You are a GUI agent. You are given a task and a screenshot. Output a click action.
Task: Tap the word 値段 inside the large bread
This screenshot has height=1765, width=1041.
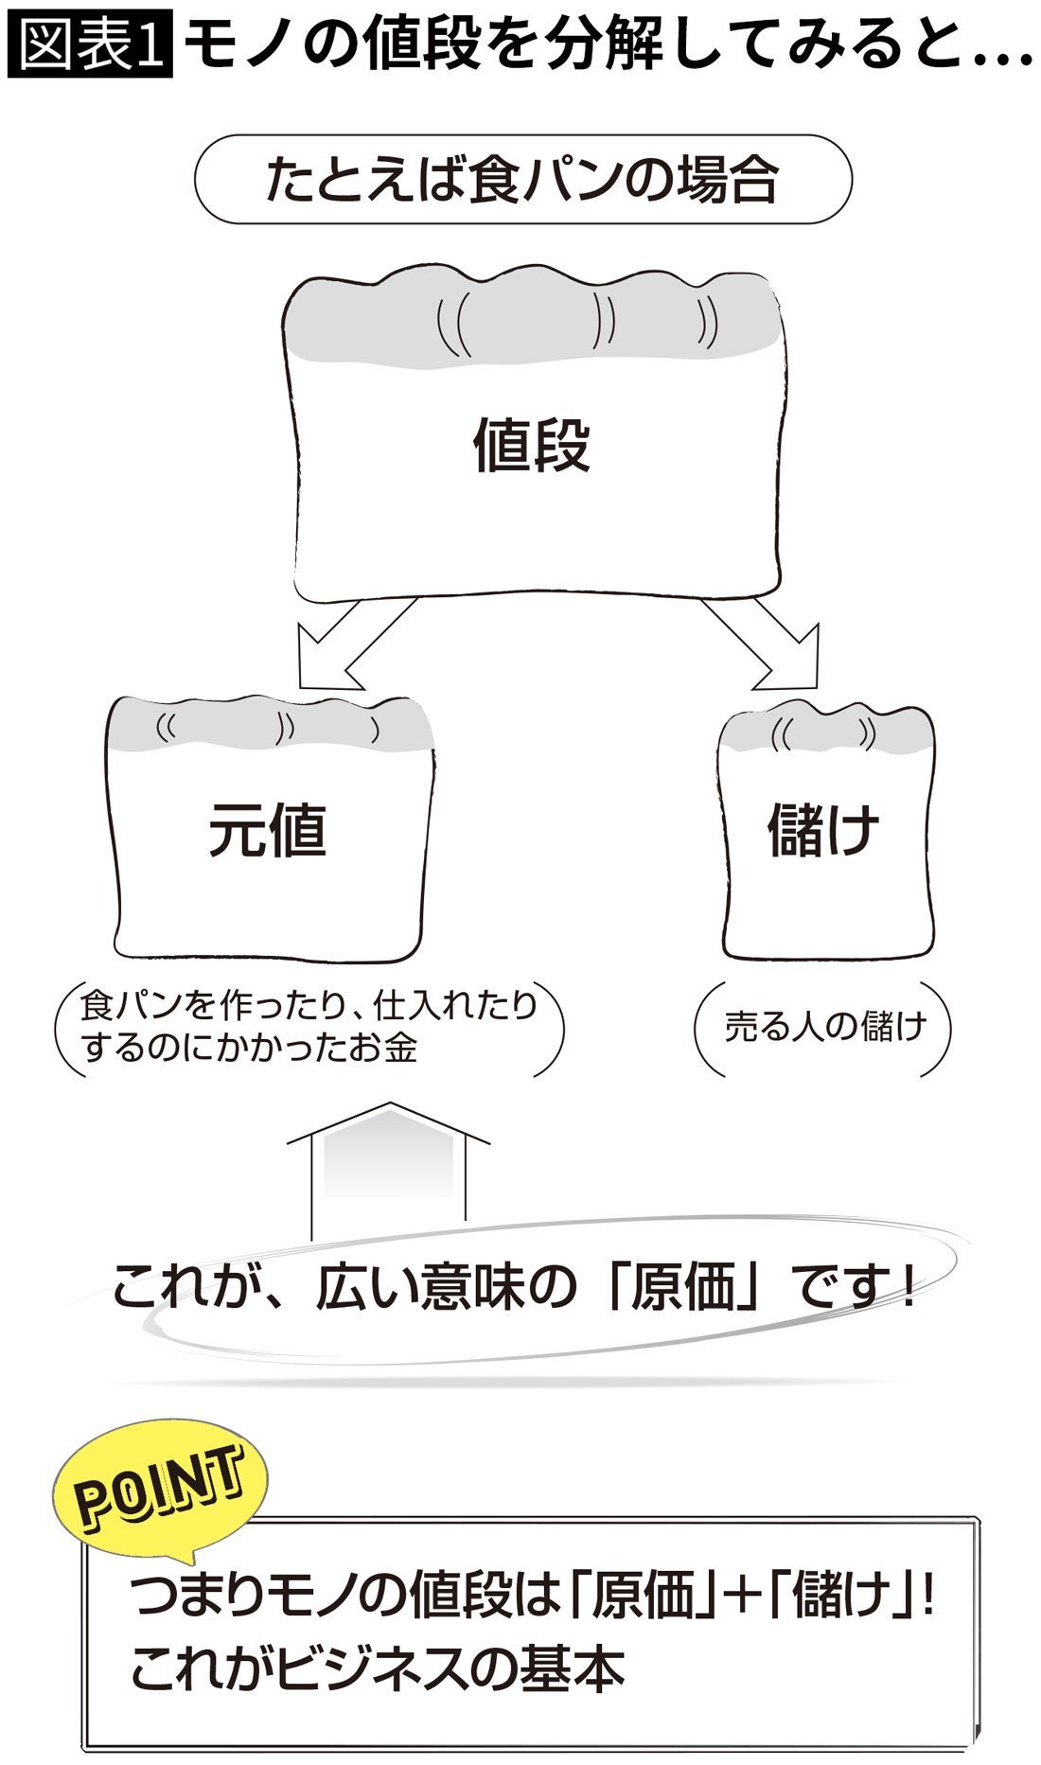point(531,446)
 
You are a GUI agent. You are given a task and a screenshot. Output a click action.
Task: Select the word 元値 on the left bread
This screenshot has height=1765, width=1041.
point(268,830)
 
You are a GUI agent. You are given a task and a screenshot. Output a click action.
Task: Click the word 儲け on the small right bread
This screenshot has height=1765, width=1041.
point(822,830)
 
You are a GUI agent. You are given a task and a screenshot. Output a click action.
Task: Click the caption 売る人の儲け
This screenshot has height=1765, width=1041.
point(824,1027)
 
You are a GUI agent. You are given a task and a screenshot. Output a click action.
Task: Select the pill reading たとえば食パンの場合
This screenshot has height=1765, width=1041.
point(522,180)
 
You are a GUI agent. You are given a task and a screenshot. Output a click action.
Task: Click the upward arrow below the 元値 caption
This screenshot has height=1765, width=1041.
point(388,1169)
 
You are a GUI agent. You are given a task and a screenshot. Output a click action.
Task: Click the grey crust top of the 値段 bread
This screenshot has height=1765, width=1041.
point(535,317)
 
